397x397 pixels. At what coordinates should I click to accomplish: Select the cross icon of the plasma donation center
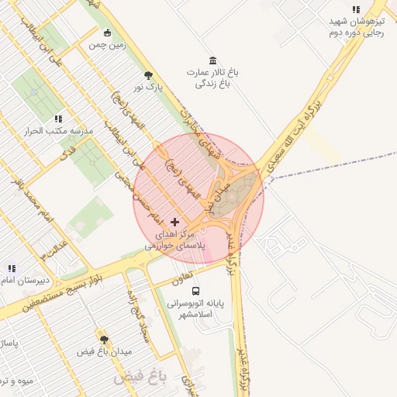click(174, 223)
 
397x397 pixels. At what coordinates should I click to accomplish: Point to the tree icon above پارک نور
click(148, 75)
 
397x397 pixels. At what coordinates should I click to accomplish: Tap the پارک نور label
click(148, 88)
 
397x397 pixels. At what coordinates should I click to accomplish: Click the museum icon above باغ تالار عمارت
click(212, 60)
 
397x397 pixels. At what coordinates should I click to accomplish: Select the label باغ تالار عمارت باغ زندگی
click(212, 78)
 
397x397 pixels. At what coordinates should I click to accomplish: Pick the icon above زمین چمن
click(107, 33)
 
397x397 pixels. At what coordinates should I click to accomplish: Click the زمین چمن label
click(107, 46)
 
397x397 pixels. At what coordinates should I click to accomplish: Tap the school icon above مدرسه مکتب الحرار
click(58, 119)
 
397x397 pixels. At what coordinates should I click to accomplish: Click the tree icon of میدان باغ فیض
click(103, 339)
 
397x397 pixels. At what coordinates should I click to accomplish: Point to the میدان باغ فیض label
click(104, 352)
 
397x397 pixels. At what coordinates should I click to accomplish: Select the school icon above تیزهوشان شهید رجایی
click(356, 10)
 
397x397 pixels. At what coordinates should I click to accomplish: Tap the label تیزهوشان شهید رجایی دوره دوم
click(357, 28)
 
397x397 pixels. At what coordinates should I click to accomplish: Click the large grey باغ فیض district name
click(140, 378)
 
